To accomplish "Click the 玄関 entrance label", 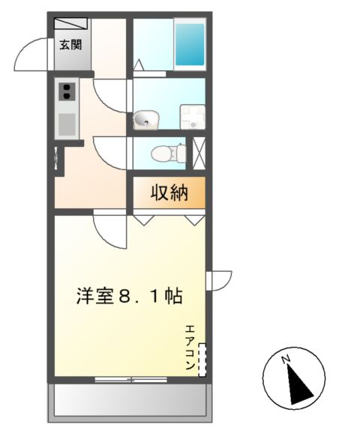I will (x=71, y=44).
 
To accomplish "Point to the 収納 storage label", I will (x=169, y=193).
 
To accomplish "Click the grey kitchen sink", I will (x=67, y=123).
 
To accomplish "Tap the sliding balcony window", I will (x=130, y=380).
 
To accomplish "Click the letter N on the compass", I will (x=286, y=360).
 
